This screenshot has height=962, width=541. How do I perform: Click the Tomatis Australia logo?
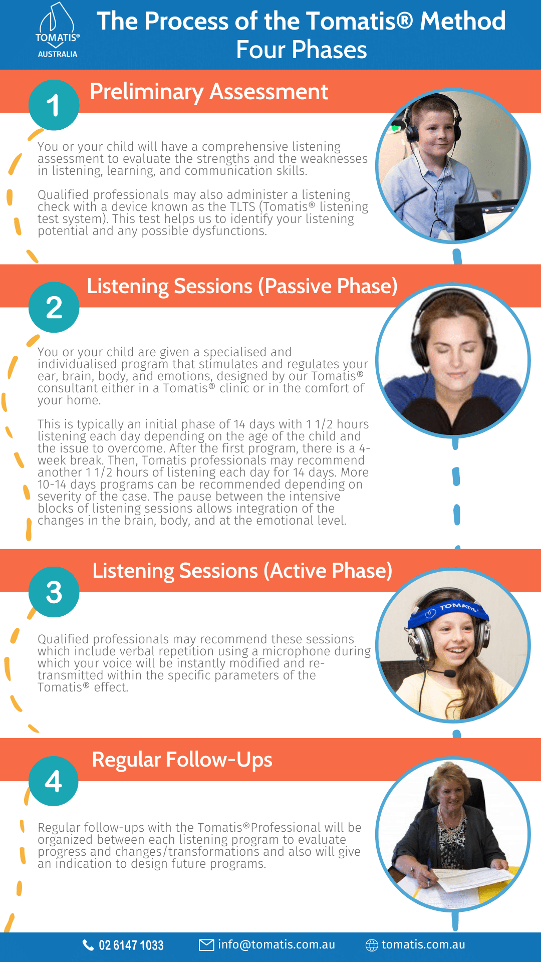tap(58, 31)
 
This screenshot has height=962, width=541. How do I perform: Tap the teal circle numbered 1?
tap(54, 105)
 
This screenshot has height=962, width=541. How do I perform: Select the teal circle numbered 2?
tap(54, 307)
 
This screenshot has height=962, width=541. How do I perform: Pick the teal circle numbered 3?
tap(54, 592)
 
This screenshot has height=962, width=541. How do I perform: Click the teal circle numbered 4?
tap(54, 781)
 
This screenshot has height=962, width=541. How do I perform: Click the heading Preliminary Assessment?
tap(209, 92)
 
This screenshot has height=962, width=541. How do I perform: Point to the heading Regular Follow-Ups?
tap(182, 760)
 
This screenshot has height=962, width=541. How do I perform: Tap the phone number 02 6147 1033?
tap(131, 945)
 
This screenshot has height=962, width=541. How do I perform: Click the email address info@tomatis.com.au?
tap(277, 944)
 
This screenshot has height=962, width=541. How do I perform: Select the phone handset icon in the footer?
tap(88, 945)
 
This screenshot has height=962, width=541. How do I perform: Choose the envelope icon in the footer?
tap(206, 945)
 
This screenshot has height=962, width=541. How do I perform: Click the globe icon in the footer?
tap(372, 945)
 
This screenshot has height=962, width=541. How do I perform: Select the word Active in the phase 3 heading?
tap(298, 571)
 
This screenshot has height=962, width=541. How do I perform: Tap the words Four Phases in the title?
tap(302, 50)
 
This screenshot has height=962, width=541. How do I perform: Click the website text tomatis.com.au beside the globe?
tap(423, 944)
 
